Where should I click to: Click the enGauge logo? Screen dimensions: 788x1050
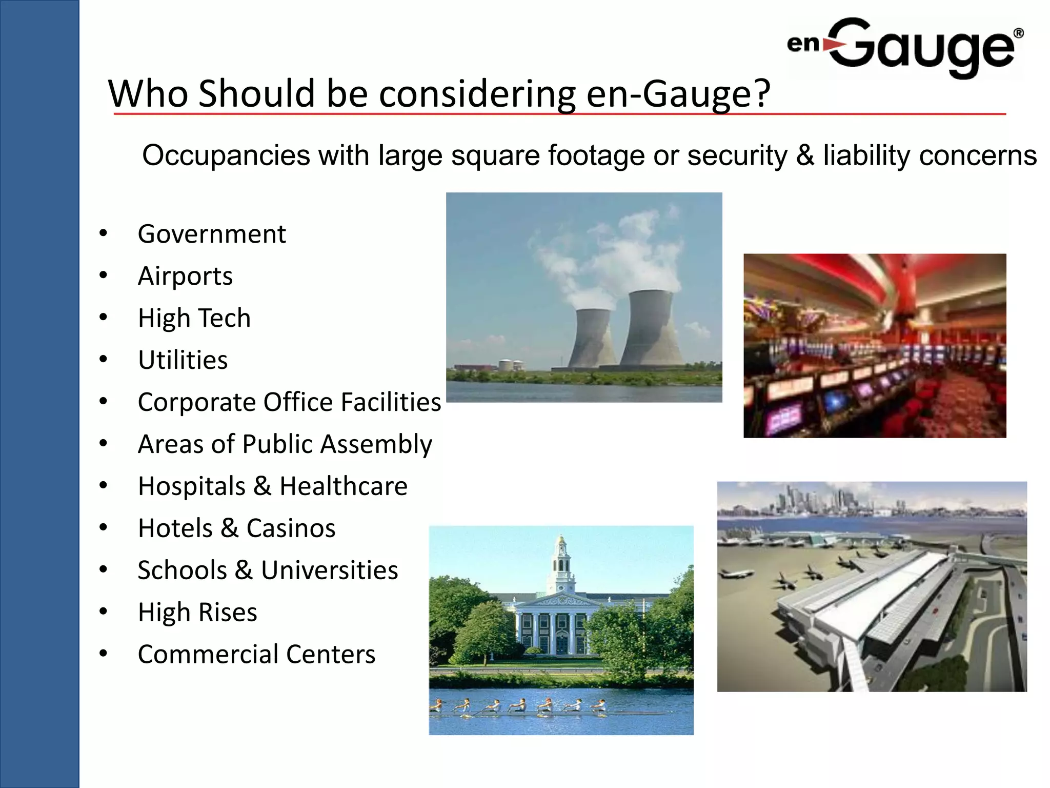click(905, 47)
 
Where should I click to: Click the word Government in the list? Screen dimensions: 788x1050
click(211, 234)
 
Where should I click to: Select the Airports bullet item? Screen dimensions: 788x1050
click(185, 277)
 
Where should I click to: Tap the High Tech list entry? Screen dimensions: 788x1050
click(194, 318)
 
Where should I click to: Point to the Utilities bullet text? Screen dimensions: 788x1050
click(183, 360)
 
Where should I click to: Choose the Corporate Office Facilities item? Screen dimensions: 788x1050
click(289, 402)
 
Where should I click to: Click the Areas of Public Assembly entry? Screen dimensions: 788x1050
click(285, 444)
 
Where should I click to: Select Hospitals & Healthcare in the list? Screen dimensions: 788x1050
click(272, 486)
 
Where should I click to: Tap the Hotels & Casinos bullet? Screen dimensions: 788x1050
click(236, 528)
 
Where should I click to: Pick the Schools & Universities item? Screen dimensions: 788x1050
click(268, 570)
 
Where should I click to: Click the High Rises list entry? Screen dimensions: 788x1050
click(197, 613)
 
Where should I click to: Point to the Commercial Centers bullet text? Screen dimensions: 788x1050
click(256, 655)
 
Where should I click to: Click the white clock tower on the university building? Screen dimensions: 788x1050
click(562, 564)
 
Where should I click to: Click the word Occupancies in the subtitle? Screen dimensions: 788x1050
click(226, 155)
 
